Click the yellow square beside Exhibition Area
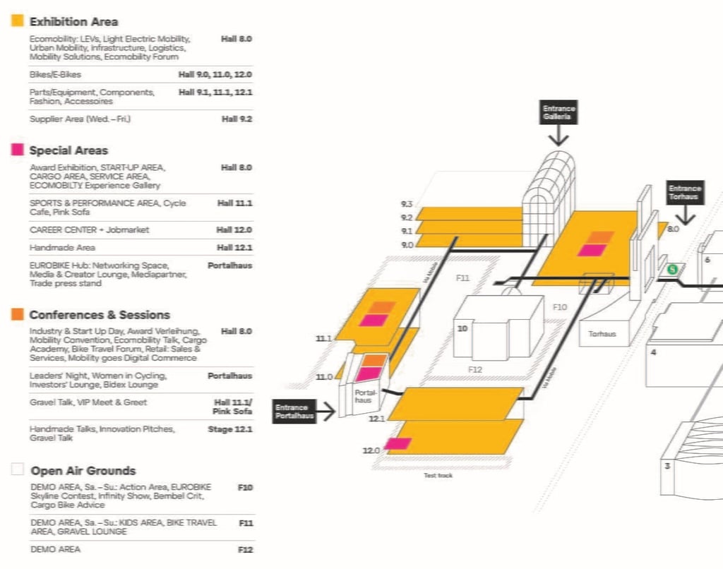tap(18, 21)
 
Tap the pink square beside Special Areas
tap(18, 150)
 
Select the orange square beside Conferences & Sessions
tap(18, 314)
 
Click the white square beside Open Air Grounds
tap(18, 470)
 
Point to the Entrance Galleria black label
tap(558, 113)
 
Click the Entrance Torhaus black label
tap(685, 192)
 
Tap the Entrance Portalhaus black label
tap(294, 412)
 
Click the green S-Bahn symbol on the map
tap(674, 268)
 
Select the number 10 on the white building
tap(462, 328)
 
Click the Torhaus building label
tap(602, 334)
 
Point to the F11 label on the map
tap(462, 278)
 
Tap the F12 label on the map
tap(475, 369)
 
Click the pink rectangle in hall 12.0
tap(398, 443)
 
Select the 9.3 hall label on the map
tap(406, 204)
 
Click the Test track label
tap(438, 475)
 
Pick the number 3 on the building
tap(667, 465)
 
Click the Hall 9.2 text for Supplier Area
tap(237, 119)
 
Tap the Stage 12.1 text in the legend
tap(229, 429)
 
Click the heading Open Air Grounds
tap(83, 470)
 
